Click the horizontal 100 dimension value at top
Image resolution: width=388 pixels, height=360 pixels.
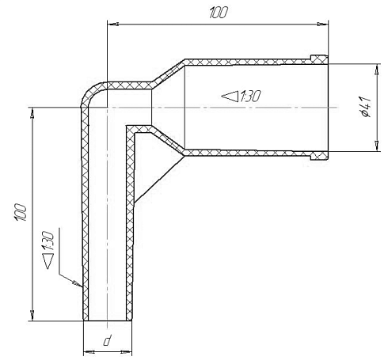(x=219, y=13)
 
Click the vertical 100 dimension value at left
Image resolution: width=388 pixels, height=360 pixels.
(x=21, y=212)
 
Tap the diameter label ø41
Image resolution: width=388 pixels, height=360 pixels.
(x=366, y=107)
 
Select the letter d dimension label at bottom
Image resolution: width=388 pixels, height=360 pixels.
(x=107, y=340)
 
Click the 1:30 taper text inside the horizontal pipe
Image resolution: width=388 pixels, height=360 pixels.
(x=249, y=96)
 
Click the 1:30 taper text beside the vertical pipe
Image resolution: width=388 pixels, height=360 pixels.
(x=48, y=241)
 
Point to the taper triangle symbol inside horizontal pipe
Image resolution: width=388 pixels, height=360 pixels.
(x=230, y=97)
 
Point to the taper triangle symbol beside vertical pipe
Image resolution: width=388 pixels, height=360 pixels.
(x=48, y=260)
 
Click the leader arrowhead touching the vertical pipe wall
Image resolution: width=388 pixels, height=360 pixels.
(x=78, y=284)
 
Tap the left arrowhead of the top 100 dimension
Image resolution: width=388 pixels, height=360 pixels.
(x=112, y=25)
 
